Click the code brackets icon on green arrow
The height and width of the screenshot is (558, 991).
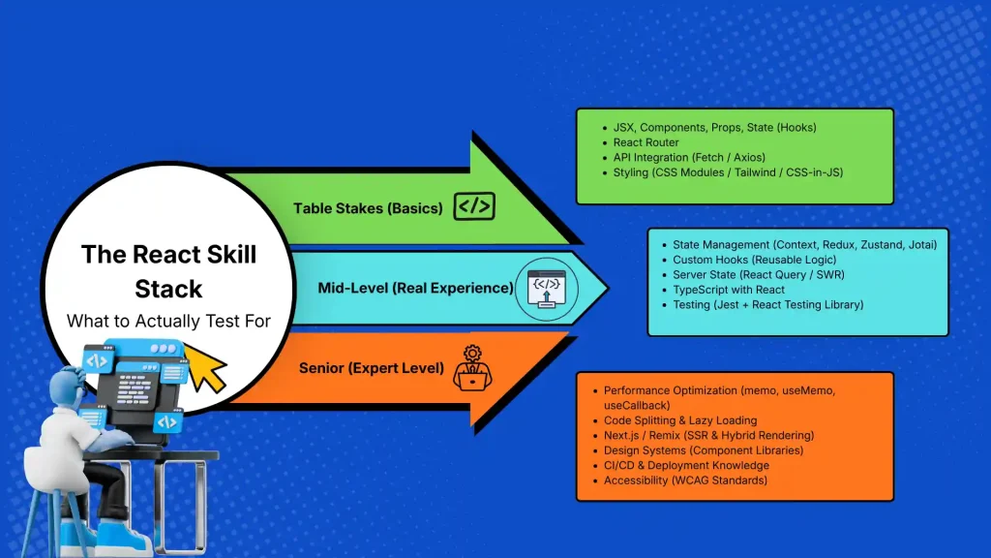tap(474, 206)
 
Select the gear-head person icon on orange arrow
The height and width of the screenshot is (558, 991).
tap(471, 367)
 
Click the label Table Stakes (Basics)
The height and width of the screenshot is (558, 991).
tap(368, 207)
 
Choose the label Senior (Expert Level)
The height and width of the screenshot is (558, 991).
tap(371, 368)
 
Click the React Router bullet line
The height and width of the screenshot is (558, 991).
tap(646, 142)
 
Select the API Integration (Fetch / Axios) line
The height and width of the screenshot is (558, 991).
tap(689, 158)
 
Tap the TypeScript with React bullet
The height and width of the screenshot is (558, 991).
tap(729, 289)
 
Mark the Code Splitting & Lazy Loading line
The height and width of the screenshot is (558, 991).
tap(679, 419)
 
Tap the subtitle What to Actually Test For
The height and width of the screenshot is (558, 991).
tap(168, 320)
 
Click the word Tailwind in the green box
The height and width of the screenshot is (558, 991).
tap(785, 173)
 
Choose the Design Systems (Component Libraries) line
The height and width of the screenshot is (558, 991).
tap(703, 450)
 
